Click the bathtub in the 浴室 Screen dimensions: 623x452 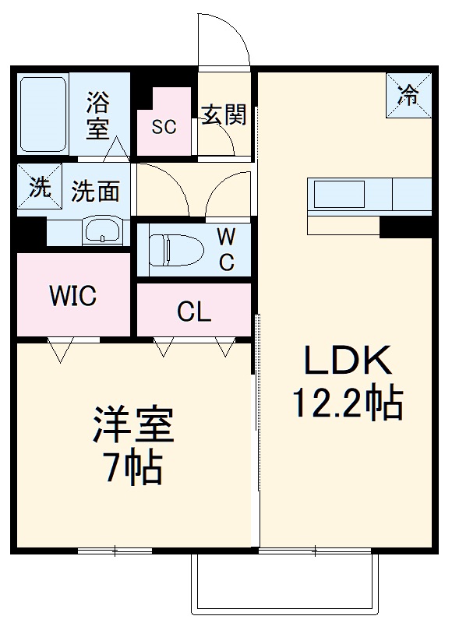tap(42, 114)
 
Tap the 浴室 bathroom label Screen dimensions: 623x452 tap(98, 114)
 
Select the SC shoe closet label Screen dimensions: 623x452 tap(164, 127)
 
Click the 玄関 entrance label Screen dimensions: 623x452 tap(224, 115)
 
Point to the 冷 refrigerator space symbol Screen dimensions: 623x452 tap(408, 95)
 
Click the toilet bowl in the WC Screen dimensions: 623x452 tap(175, 249)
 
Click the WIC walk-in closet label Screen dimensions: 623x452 tap(72, 296)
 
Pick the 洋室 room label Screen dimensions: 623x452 tap(132, 427)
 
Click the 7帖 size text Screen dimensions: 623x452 tap(132, 469)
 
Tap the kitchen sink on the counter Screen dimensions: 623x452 tap(339, 193)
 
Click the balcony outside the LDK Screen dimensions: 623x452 tap(284, 584)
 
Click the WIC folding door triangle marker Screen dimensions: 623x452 tap(60, 350)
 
